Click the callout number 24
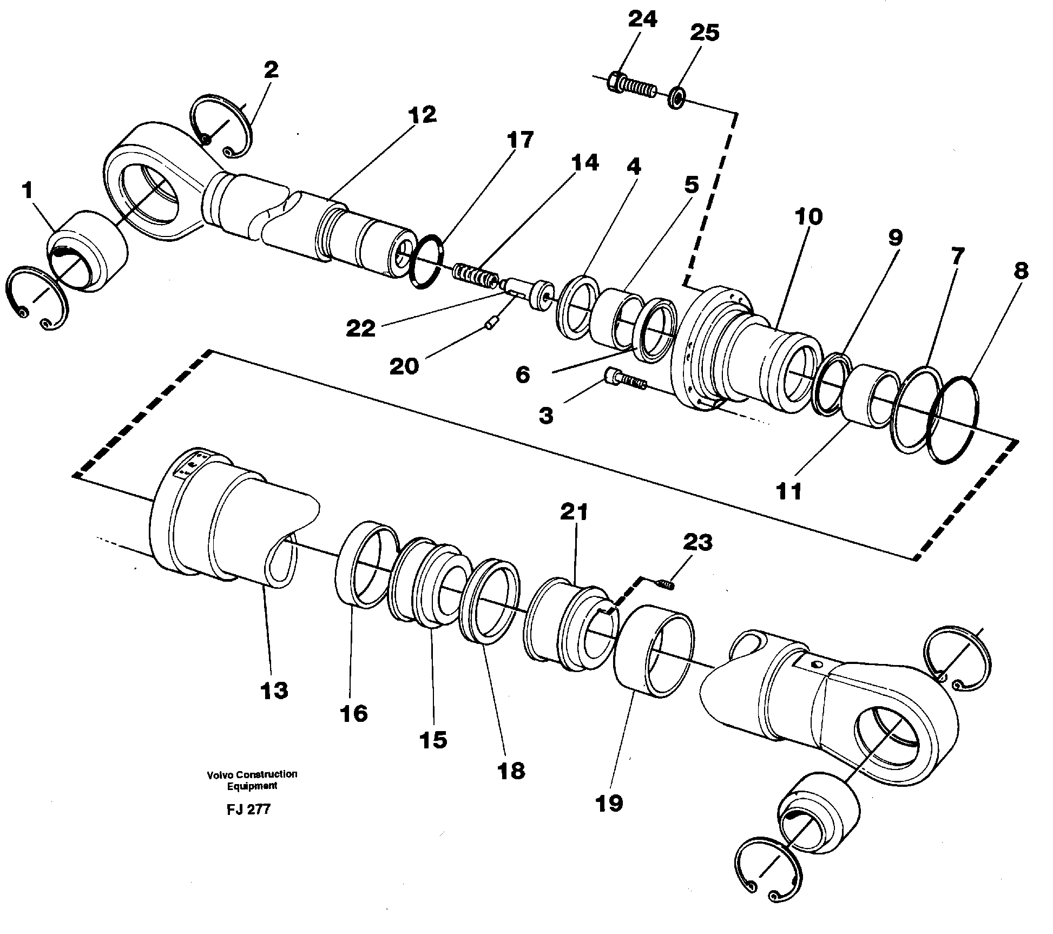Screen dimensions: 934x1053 pyautogui.click(x=642, y=19)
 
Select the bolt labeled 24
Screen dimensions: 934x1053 pyautogui.click(x=633, y=85)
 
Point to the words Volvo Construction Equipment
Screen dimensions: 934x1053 pyautogui.click(x=252, y=779)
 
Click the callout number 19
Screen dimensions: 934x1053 pyautogui.click(x=609, y=803)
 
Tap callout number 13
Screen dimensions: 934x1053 pyautogui.click(x=274, y=690)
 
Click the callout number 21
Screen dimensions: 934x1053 pyautogui.click(x=574, y=511)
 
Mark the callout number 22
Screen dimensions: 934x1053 pyautogui.click(x=361, y=328)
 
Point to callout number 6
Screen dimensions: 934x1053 pyautogui.click(x=522, y=374)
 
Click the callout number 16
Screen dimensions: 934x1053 pyautogui.click(x=354, y=713)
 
